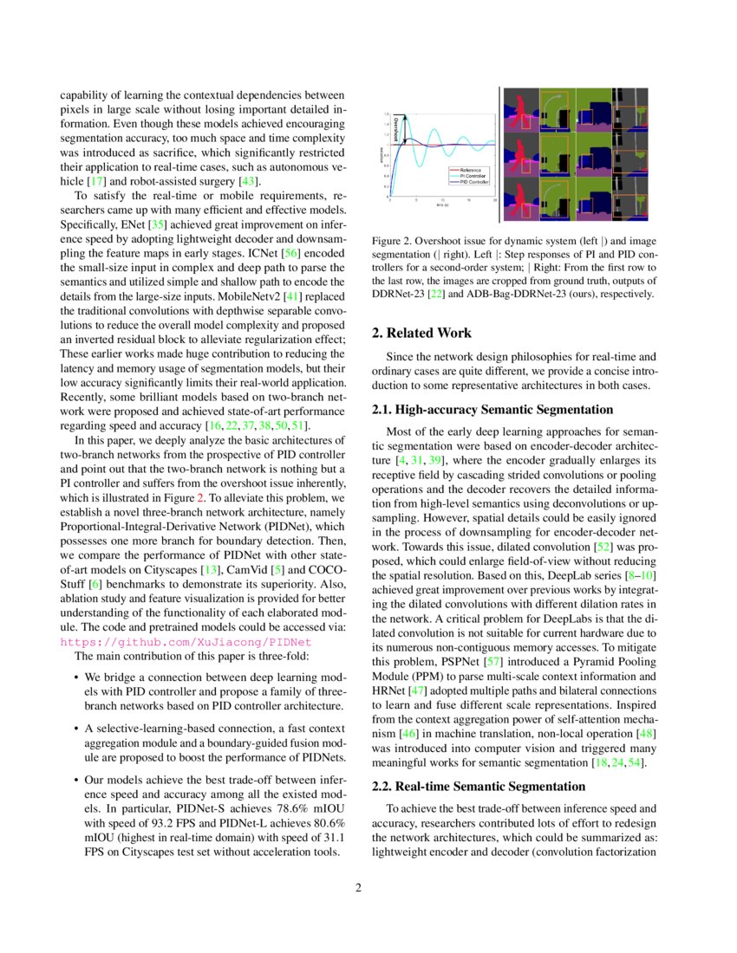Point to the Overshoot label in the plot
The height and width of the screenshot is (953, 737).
[x=395, y=129]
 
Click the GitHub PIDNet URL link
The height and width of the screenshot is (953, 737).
[x=186, y=642]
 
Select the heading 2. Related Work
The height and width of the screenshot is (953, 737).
[x=421, y=333]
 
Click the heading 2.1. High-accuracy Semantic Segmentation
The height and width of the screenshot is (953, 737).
[x=492, y=409]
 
